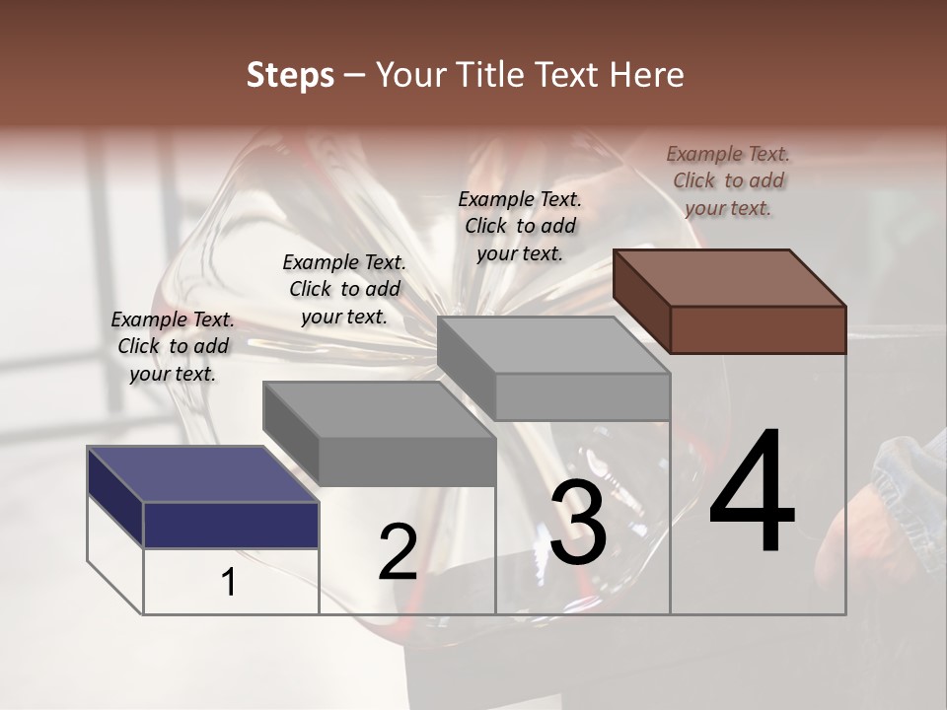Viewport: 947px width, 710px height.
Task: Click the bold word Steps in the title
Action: [x=290, y=76]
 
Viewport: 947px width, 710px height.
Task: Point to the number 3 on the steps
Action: [x=578, y=521]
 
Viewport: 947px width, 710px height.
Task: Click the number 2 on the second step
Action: [x=398, y=551]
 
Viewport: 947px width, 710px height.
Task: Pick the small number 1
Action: [x=228, y=582]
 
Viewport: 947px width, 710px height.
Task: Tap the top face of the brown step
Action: [x=730, y=278]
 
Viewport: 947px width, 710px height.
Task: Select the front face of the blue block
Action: [x=231, y=526]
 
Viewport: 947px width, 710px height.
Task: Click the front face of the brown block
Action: [x=759, y=329]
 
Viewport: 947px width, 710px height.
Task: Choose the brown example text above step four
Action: [x=728, y=181]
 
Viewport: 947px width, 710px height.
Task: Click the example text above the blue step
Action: [x=173, y=346]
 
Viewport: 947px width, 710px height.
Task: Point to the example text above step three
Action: [x=520, y=227]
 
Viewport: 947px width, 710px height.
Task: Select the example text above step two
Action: [x=344, y=289]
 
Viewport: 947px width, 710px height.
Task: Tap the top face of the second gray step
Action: [x=379, y=410]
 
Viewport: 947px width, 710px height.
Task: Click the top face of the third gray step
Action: [x=553, y=345]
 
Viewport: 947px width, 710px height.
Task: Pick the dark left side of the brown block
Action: [x=642, y=302]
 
